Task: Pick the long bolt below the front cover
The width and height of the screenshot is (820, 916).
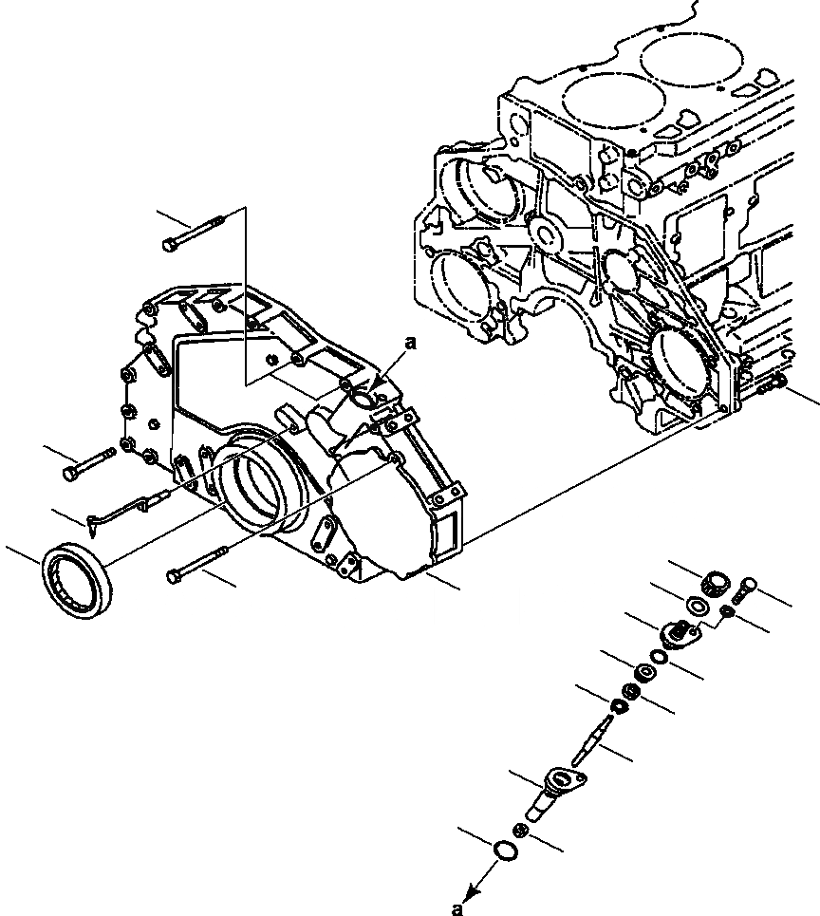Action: (x=199, y=563)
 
